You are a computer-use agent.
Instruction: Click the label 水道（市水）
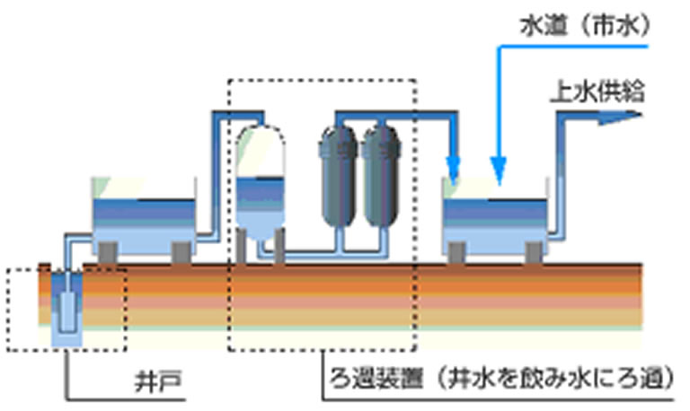pyautogui.click(x=581, y=26)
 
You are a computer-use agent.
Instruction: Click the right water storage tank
pyautogui.click(x=493, y=215)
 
